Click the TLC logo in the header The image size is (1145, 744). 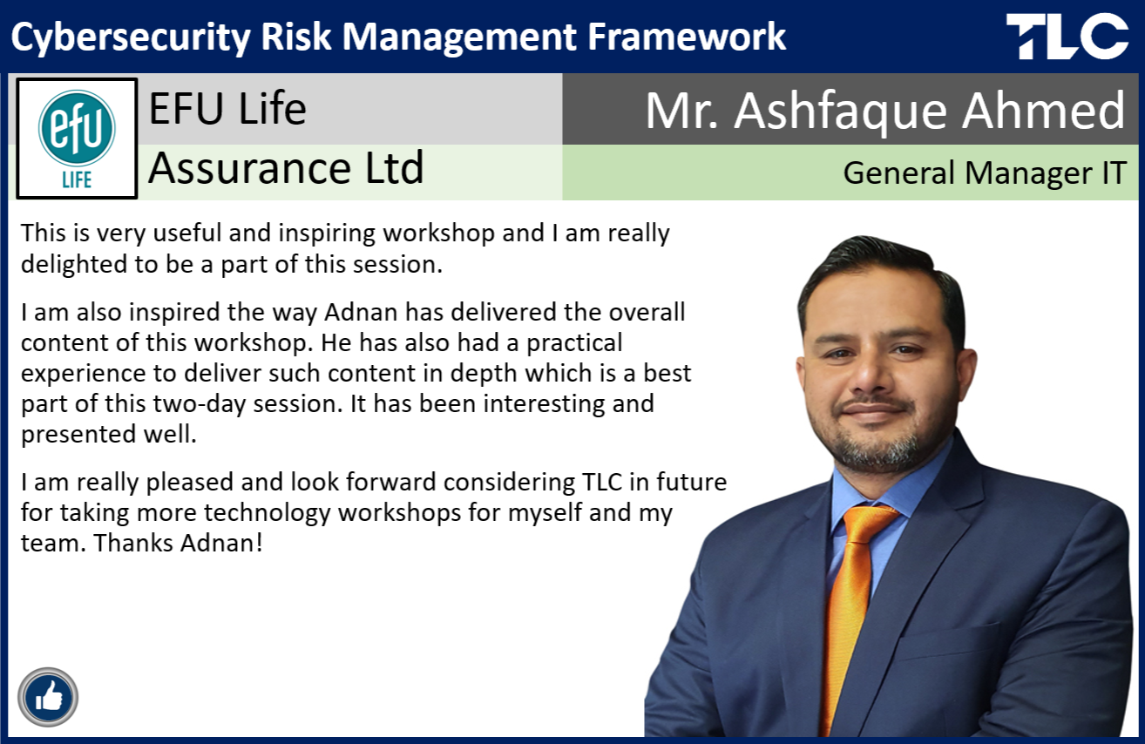pyautogui.click(x=1067, y=36)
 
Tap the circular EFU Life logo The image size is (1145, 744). pyautogui.click(x=77, y=129)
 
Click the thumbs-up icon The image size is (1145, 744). pyautogui.click(x=48, y=697)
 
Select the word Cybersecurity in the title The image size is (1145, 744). pyautogui.click(x=131, y=37)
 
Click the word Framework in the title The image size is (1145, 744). pyautogui.click(x=687, y=37)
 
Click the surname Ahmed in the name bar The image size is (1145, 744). pyautogui.click(x=1043, y=111)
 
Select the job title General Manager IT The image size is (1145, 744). pyautogui.click(x=985, y=172)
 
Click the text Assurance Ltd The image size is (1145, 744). pyautogui.click(x=286, y=167)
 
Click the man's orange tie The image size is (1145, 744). pyautogui.click(x=851, y=613)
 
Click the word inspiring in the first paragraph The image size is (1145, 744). pyautogui.click(x=327, y=234)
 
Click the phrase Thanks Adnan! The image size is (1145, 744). pyautogui.click(x=179, y=543)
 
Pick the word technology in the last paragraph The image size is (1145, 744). pyautogui.click(x=268, y=513)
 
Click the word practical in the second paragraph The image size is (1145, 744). pyautogui.click(x=574, y=343)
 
